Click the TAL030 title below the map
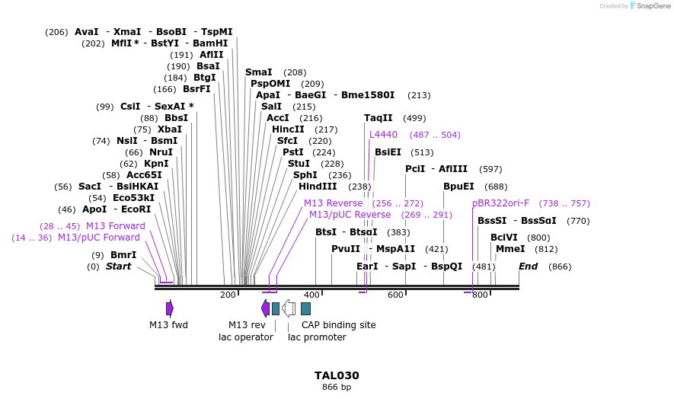(x=337, y=375)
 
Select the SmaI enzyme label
(x=258, y=72)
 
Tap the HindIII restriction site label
(x=318, y=187)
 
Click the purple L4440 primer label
(x=383, y=135)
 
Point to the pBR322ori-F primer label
(x=500, y=203)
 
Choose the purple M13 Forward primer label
(x=115, y=226)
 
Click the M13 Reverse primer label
(x=333, y=203)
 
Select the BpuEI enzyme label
(x=458, y=187)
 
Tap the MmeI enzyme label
(x=510, y=249)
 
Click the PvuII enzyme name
(x=346, y=249)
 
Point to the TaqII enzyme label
(x=379, y=118)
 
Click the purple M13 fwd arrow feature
(x=170, y=308)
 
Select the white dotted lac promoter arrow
(x=289, y=308)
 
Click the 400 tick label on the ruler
(x=311, y=295)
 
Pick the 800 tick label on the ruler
(x=480, y=295)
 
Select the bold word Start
(x=118, y=267)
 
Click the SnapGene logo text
(x=651, y=6)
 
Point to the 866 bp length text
(x=337, y=388)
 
